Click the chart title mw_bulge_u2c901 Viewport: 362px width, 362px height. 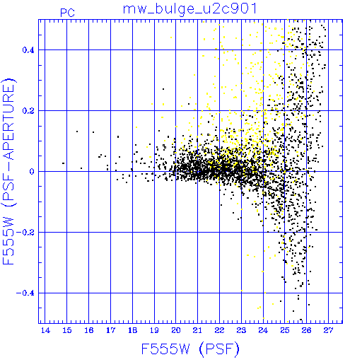point(190,10)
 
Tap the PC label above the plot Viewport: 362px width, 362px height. point(67,13)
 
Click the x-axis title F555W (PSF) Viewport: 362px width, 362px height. point(190,349)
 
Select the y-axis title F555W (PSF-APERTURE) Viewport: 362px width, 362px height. point(9,172)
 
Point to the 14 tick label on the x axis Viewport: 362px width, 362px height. point(45,330)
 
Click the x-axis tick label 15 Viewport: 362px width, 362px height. point(67,330)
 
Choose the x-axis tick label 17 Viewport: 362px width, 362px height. point(110,330)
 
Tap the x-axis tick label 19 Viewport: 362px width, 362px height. point(154,330)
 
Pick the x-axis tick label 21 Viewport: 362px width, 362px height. point(197,330)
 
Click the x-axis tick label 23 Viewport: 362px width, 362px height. point(241,330)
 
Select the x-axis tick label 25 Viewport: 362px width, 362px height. point(285,330)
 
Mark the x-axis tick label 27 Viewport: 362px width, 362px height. point(328,330)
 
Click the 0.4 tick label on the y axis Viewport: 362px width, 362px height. point(28,50)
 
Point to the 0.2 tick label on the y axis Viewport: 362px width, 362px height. point(28,111)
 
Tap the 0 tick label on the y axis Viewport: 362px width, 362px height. point(32,172)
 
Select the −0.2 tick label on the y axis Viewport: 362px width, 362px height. point(25,233)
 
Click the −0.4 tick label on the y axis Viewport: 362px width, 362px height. point(25,293)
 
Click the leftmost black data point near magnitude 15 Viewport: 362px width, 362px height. point(63,163)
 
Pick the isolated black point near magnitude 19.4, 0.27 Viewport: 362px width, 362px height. point(163,89)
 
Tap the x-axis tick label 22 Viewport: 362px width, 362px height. point(219,330)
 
